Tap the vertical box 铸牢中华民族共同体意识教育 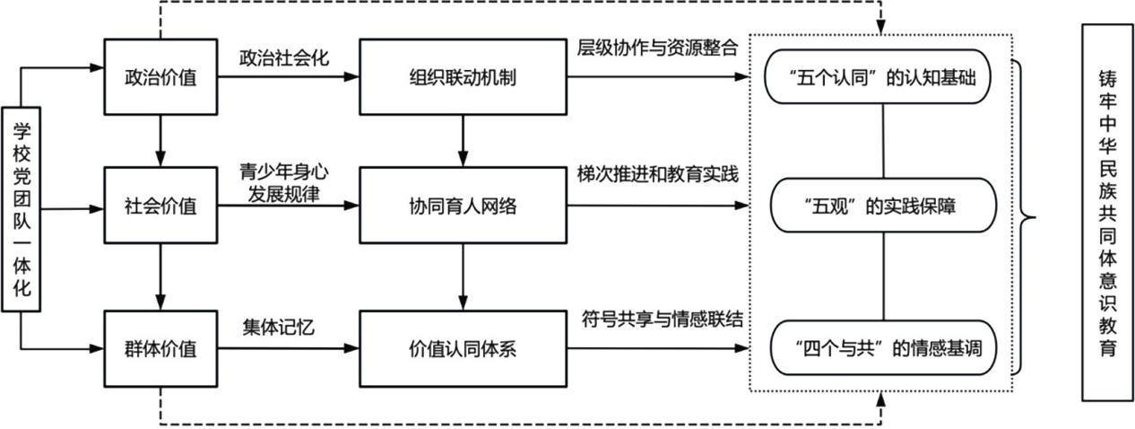click(x=1107, y=214)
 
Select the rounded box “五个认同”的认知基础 click(x=883, y=78)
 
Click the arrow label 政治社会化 click(x=284, y=57)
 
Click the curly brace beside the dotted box click(x=1023, y=215)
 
